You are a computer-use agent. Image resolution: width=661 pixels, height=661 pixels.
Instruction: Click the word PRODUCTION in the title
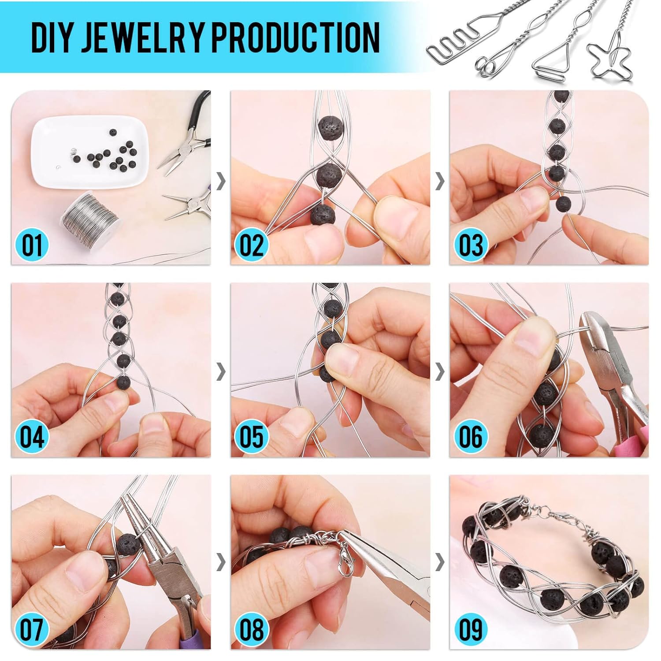click(x=296, y=37)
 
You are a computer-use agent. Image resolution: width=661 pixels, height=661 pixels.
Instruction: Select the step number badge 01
click(x=32, y=245)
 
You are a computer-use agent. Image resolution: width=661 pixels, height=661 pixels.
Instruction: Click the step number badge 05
click(x=252, y=437)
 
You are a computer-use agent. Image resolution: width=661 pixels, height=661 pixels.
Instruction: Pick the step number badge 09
click(x=471, y=629)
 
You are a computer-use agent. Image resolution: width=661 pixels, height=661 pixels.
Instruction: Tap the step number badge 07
click(x=32, y=629)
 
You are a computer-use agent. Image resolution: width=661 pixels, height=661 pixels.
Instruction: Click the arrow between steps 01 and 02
click(x=221, y=181)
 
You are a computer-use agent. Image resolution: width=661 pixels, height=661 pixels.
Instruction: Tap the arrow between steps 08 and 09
click(x=440, y=562)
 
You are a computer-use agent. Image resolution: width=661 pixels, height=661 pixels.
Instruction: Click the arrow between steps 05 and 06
click(x=440, y=372)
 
